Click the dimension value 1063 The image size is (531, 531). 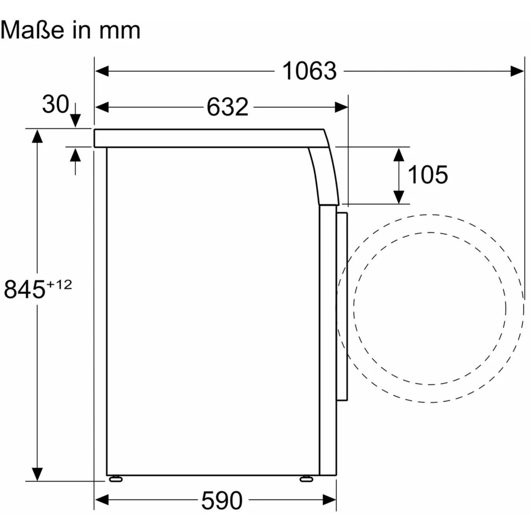[309, 72]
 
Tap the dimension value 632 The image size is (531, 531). [227, 107]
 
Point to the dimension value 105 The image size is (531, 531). [427, 174]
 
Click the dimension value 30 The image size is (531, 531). [55, 104]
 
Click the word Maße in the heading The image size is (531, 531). [32, 30]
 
